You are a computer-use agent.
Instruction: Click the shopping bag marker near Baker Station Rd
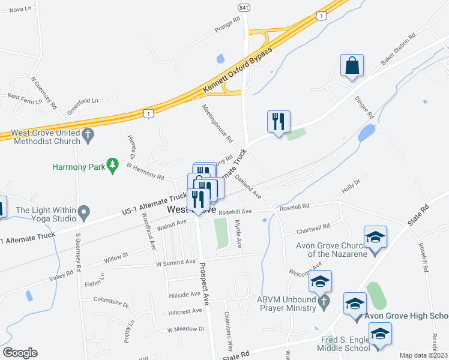point(352,66)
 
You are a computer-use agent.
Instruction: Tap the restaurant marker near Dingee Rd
point(279,122)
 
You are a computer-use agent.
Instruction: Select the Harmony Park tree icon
point(112,165)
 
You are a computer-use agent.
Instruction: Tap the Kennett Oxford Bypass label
point(238,70)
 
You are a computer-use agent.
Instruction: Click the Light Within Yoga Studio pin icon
point(84,211)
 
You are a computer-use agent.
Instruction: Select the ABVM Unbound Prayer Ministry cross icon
point(324,302)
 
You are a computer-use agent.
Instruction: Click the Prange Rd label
point(227,23)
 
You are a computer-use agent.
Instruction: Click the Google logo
point(20,353)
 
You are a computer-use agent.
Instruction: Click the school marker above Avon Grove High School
point(355,304)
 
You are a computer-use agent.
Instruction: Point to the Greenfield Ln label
point(82,102)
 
